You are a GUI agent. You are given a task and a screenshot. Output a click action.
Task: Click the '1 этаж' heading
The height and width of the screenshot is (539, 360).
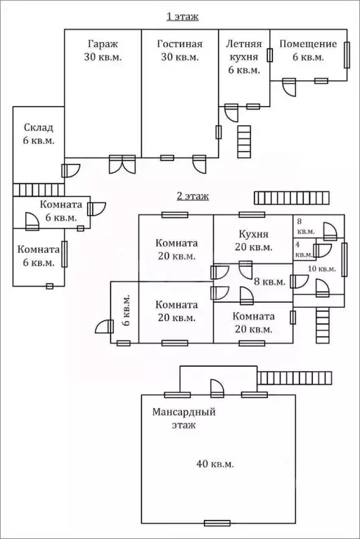pyautogui.click(x=182, y=16)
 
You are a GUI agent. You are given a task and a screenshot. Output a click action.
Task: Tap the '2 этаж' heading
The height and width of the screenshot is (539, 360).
pyautogui.click(x=193, y=196)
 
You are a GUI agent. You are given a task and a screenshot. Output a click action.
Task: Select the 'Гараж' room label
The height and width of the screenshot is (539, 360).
pyautogui.click(x=103, y=44)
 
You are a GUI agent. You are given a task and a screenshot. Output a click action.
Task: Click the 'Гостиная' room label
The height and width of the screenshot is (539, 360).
pyautogui.click(x=180, y=44)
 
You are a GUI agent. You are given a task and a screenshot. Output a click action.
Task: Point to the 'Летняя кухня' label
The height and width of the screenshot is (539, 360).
pyautogui.click(x=244, y=50)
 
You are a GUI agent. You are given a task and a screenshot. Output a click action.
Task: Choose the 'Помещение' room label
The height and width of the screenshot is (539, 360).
pyautogui.click(x=308, y=44)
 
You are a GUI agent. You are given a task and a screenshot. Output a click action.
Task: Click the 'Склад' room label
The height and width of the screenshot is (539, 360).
pyautogui.click(x=39, y=127)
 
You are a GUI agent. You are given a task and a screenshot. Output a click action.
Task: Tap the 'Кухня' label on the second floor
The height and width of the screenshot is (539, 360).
pyautogui.click(x=254, y=234)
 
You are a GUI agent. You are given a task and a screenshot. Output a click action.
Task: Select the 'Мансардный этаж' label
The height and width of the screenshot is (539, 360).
pyautogui.click(x=184, y=418)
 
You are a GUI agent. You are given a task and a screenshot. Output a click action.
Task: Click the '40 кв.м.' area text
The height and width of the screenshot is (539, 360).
pyautogui.click(x=215, y=464)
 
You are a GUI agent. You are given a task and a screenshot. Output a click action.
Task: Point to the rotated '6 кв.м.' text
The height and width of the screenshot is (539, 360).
pyautogui.click(x=126, y=310)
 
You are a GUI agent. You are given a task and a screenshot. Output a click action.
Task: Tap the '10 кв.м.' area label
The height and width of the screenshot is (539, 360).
pyautogui.click(x=322, y=269)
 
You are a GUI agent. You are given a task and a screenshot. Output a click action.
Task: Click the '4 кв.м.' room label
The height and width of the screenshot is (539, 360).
pyautogui.click(x=304, y=250)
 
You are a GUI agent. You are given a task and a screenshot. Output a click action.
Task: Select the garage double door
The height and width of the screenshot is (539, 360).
pyautogui.click(x=122, y=164)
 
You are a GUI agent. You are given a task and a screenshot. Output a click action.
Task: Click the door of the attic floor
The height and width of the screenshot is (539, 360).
pyautogui.click(x=217, y=389)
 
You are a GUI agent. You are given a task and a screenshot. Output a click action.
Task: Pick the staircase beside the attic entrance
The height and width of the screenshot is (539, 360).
pyautogui.click(x=295, y=378)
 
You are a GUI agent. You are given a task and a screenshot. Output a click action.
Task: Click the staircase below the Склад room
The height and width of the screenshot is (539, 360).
pyautogui.click(x=39, y=190)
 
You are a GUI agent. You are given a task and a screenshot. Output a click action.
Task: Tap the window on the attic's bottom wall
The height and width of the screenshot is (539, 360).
pyautogui.click(x=217, y=523)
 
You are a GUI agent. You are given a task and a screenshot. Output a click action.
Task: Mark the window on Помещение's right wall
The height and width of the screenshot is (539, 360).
pyautogui.click(x=347, y=55)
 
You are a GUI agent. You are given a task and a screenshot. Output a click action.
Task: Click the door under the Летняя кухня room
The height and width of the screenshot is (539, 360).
pyautogui.click(x=231, y=112)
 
